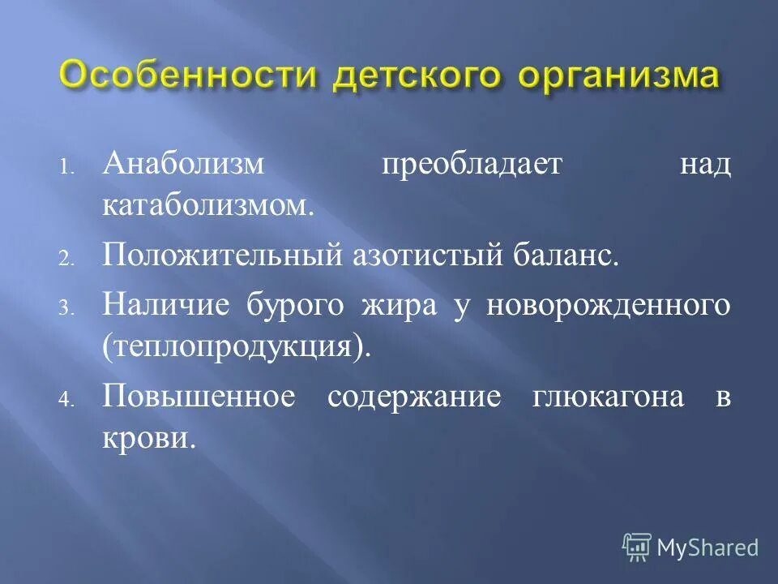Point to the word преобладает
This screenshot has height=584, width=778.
click(x=461, y=165)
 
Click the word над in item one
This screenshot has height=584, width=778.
click(x=704, y=165)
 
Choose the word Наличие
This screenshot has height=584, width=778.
click(x=169, y=306)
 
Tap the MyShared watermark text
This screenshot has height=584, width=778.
click(x=707, y=547)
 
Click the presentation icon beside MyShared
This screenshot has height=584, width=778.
click(x=636, y=547)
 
